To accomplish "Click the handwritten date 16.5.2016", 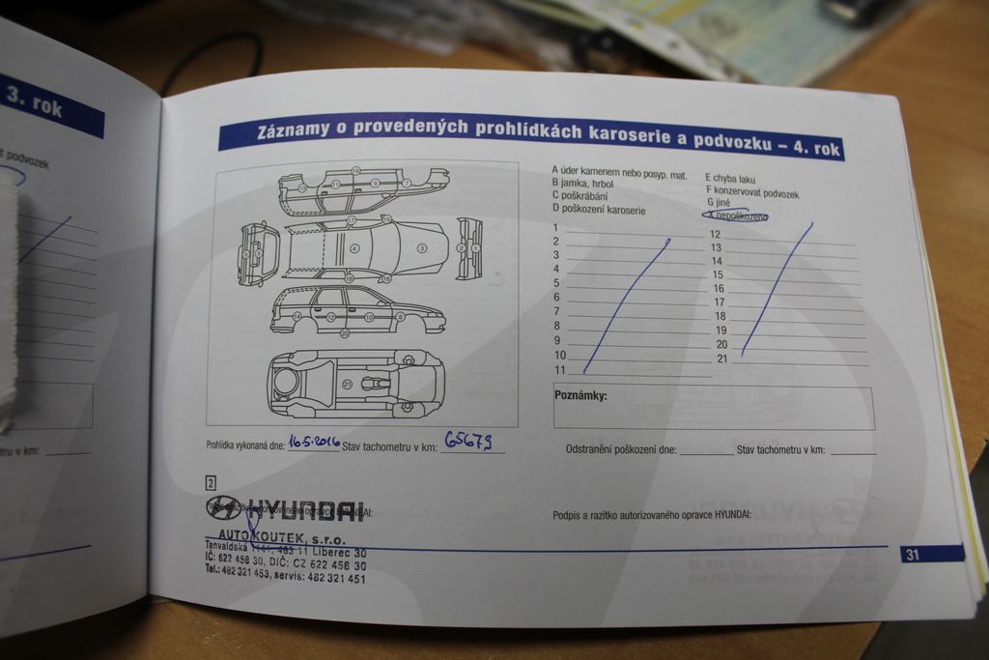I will [314, 442].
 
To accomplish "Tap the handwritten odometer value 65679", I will [468, 441].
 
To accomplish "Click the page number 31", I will [913, 555].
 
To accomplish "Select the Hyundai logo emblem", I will [223, 507].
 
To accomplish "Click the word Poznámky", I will [580, 395].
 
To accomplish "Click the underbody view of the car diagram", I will [355, 383].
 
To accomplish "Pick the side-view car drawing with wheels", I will [357, 310].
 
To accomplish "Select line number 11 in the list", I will [559, 370].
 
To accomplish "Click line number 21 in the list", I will [721, 359].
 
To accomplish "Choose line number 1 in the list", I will [555, 227].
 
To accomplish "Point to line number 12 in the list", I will [716, 234].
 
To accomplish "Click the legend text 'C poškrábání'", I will [579, 195].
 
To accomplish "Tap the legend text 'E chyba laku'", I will [730, 179].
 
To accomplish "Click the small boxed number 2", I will [211, 482].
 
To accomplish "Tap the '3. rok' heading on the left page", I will [34, 100].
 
